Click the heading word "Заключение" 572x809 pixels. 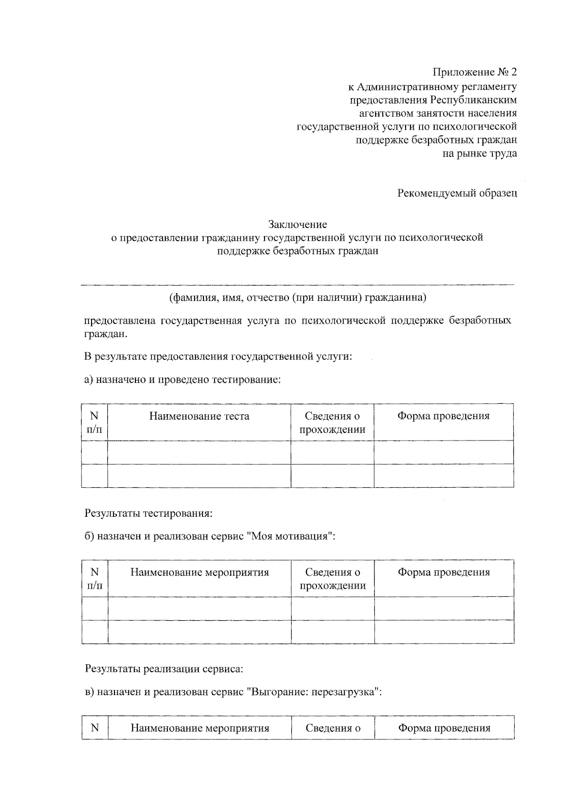tap(297, 224)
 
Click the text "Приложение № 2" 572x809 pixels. tap(474, 72)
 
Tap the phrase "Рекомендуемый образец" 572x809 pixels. tap(457, 194)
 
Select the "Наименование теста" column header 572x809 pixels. tap(199, 416)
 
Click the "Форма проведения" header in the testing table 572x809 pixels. tap(443, 416)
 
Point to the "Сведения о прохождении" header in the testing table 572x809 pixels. tap(332, 423)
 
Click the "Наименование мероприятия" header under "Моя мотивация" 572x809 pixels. tap(200, 573)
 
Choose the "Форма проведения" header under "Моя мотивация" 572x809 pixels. tap(444, 573)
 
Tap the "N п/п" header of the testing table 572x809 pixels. tap(94, 423)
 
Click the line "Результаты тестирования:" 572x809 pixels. tap(148, 513)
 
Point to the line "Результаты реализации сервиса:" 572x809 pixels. tap(164, 669)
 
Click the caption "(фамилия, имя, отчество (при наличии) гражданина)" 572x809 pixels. tap(297, 298)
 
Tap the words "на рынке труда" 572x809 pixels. tap(480, 154)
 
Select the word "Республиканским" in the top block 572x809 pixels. tap(473, 100)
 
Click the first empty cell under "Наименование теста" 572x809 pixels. tap(199, 452)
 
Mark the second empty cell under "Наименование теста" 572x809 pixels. tap(199, 476)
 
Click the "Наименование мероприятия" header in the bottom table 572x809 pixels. tap(200, 728)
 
